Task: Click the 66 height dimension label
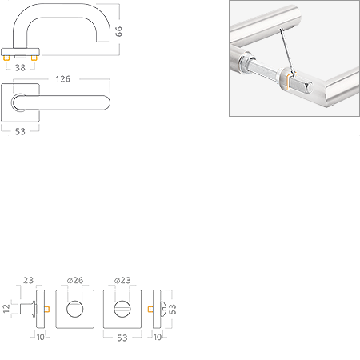118,31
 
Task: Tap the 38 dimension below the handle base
20,68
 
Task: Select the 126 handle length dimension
63,79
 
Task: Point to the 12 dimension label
6,309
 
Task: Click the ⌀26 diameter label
75,280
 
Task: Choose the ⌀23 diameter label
122,280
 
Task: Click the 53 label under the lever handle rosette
20,131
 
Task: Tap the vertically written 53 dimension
173,309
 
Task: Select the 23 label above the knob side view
28,280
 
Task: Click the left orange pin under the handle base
6,58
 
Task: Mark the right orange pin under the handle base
34,58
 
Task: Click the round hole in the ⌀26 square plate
74,309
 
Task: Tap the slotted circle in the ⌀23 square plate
122,309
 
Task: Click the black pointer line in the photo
287,53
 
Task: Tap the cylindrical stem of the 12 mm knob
26,309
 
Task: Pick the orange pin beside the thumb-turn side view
150,309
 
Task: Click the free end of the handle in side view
103,42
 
